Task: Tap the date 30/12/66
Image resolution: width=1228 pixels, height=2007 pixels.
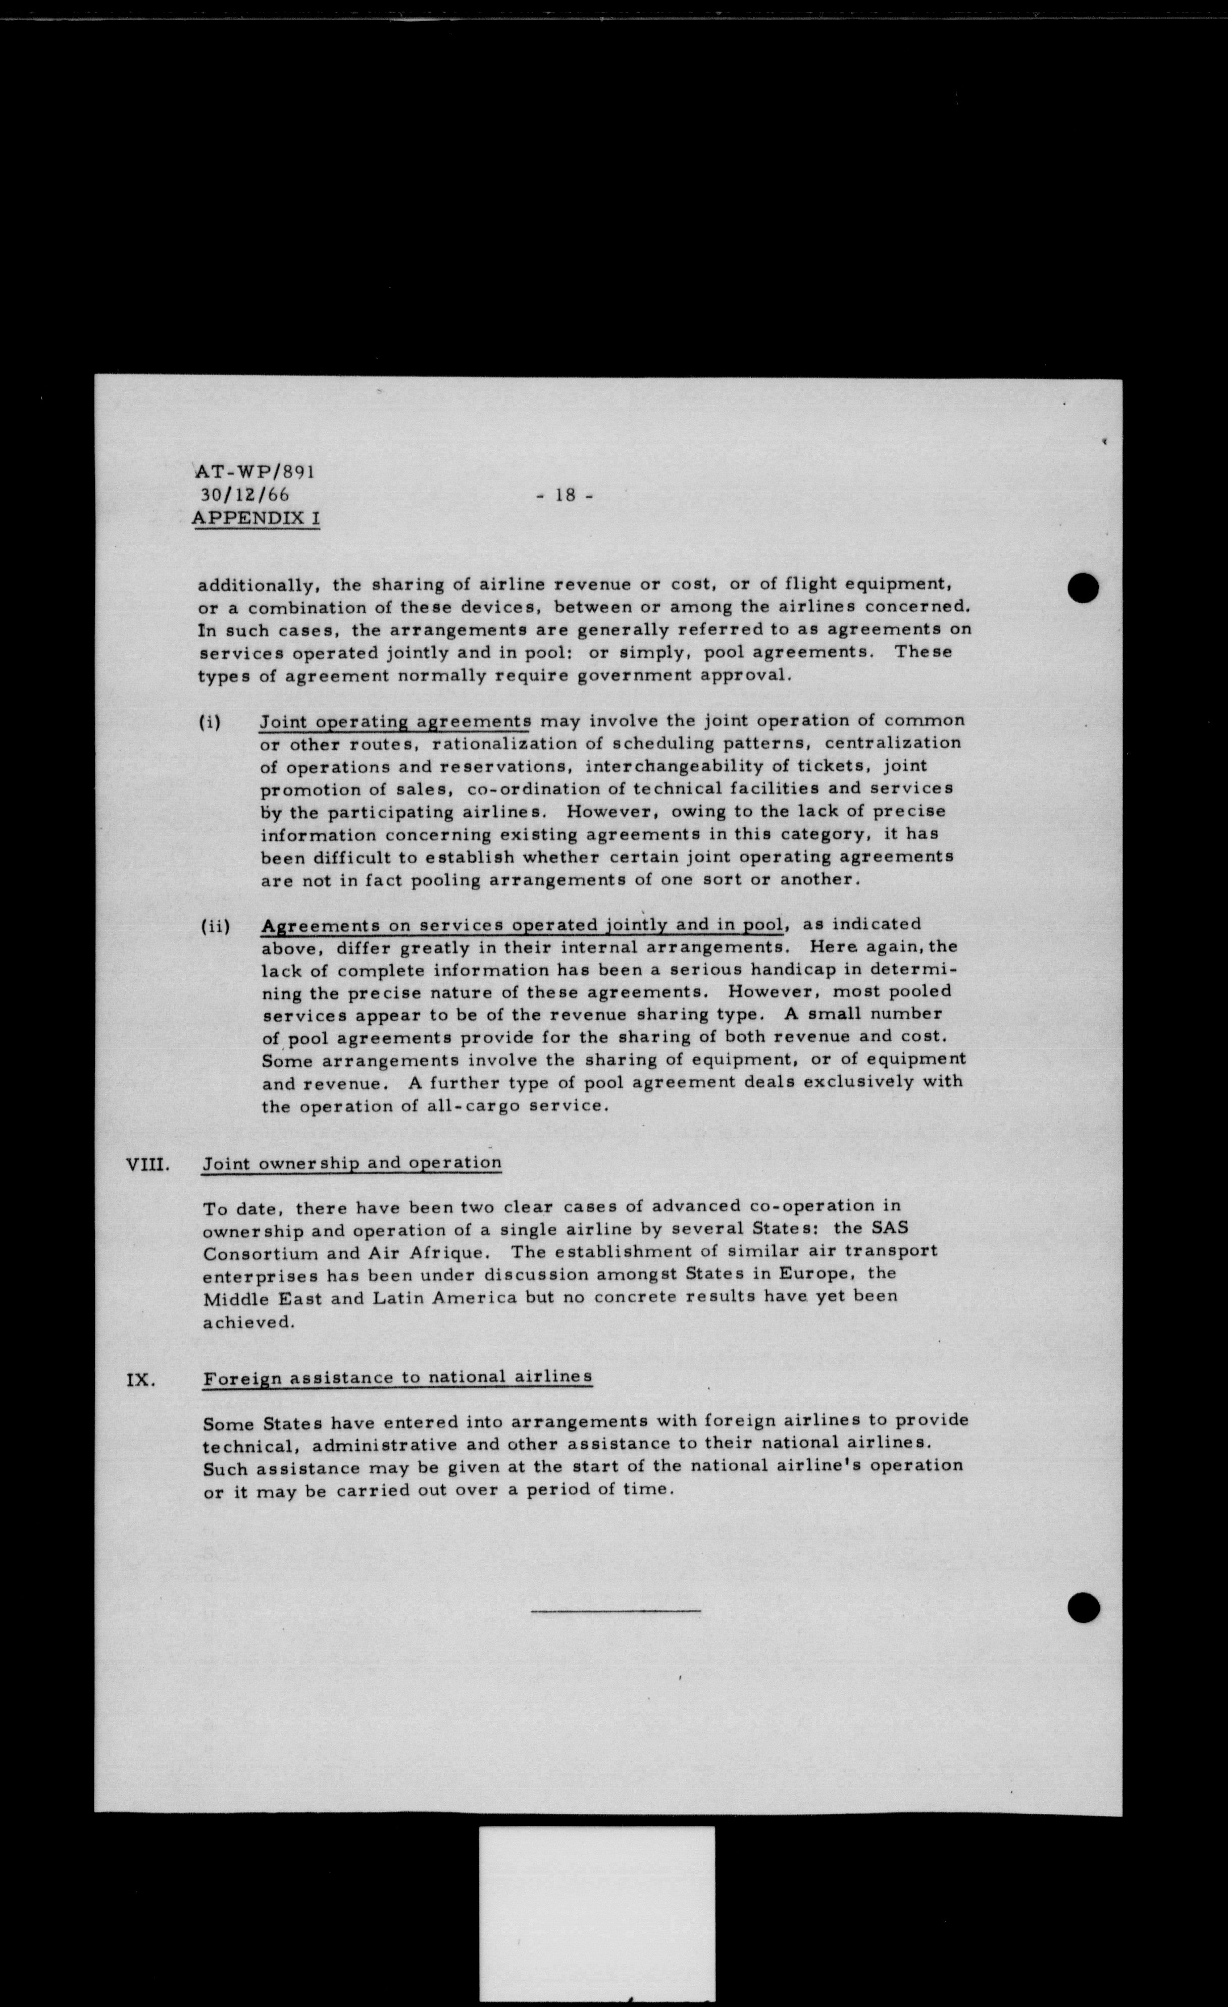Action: pyautogui.click(x=244, y=494)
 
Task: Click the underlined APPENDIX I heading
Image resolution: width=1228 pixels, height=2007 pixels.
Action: pyautogui.click(x=256, y=518)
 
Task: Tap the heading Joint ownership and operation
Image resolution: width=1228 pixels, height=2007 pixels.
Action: pyautogui.click(x=352, y=1163)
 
